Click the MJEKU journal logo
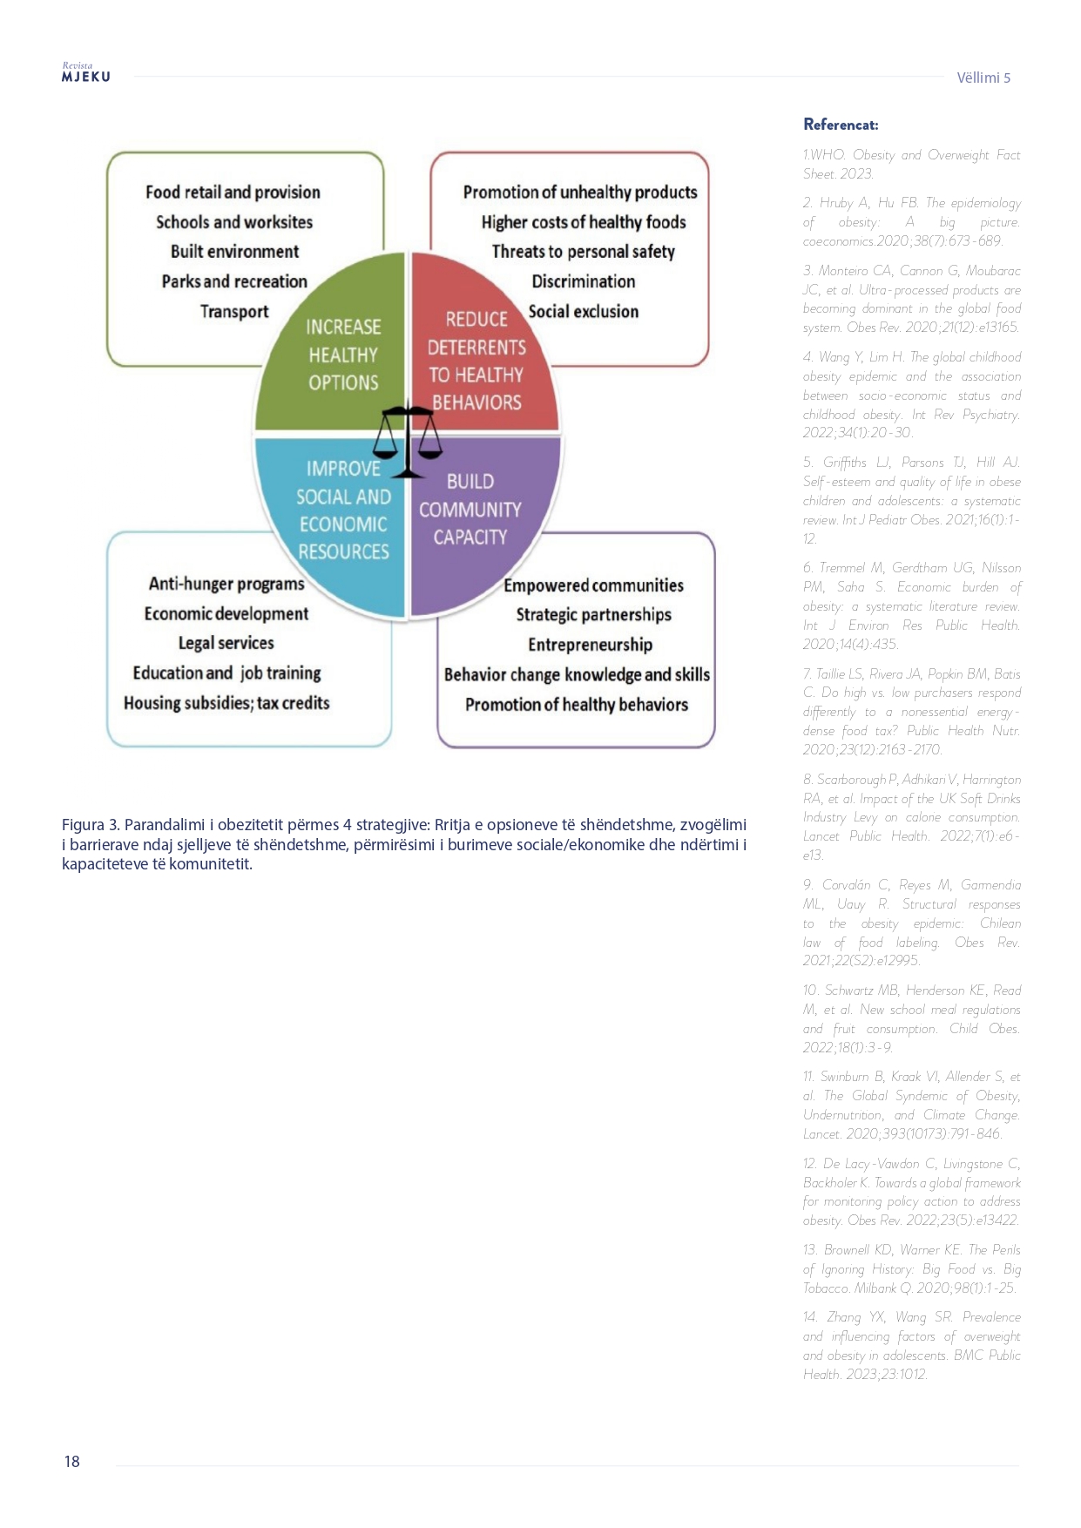[85, 74]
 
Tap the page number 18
[71, 1462]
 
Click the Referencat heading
[841, 125]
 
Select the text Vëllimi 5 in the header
[983, 78]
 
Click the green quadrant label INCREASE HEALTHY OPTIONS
[343, 355]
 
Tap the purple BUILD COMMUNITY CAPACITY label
[470, 510]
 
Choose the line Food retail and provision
[233, 192]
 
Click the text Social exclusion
[583, 311]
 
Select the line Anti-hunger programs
[226, 584]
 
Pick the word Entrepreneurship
[590, 645]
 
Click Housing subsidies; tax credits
[226, 703]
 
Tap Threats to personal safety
[583, 252]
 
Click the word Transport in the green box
[234, 311]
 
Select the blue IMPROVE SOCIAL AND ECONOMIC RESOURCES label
[343, 510]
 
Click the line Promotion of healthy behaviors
[576, 705]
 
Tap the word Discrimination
[583, 281]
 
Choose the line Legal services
[226, 643]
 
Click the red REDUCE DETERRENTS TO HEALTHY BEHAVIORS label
[476, 361]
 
